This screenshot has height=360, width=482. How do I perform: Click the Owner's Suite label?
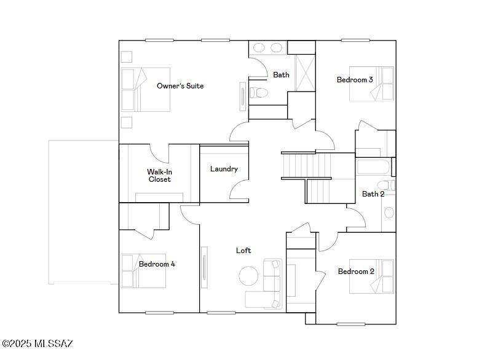(x=180, y=86)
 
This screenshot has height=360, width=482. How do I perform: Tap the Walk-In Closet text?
(x=160, y=176)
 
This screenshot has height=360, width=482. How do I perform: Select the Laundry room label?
(x=224, y=168)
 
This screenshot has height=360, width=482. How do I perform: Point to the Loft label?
(x=243, y=251)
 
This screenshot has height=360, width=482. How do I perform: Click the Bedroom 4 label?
(x=157, y=264)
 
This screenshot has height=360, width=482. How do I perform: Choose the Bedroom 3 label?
(x=355, y=80)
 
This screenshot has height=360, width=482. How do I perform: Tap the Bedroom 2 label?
(x=356, y=272)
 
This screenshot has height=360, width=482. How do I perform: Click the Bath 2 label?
(x=373, y=194)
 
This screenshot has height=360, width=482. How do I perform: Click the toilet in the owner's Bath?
(x=258, y=92)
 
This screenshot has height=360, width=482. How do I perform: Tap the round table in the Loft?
(x=248, y=276)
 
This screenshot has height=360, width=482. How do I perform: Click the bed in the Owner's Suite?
(x=145, y=90)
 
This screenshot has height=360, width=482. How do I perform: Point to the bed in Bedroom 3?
(x=371, y=84)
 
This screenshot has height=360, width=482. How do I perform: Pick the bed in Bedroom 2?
(x=371, y=276)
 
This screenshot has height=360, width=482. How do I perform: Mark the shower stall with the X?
(x=305, y=72)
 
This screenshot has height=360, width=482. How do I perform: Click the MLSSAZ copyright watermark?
(x=37, y=343)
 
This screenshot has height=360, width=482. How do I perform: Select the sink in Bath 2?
(x=389, y=213)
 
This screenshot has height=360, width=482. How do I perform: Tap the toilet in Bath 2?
(x=386, y=186)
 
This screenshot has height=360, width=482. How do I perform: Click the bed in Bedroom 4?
(x=144, y=270)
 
